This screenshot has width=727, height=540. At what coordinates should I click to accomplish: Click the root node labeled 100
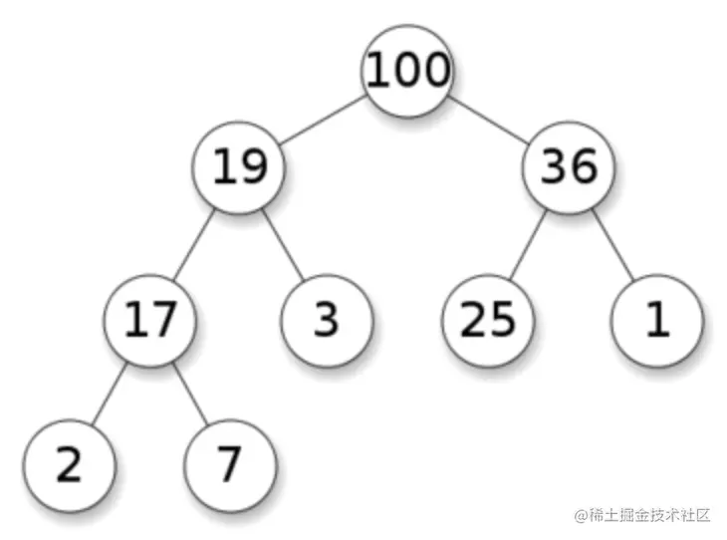(408, 71)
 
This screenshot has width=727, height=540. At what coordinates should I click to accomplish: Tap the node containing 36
(569, 167)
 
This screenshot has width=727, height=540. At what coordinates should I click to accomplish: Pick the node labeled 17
(151, 319)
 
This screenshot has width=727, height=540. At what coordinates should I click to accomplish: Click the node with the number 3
(327, 319)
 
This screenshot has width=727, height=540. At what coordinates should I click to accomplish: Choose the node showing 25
(488, 319)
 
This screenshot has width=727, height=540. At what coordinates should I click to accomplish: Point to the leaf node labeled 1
(657, 319)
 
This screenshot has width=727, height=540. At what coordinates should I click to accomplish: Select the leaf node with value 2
(68, 465)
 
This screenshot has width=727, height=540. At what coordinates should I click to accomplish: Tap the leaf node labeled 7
(230, 465)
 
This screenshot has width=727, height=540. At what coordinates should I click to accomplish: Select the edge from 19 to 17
(195, 244)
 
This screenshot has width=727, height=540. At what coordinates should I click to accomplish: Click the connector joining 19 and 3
(285, 244)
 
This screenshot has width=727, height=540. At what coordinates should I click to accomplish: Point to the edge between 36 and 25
(529, 244)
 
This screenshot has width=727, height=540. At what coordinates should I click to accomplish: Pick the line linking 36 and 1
(613, 244)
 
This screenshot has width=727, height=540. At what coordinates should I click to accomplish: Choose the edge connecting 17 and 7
(191, 393)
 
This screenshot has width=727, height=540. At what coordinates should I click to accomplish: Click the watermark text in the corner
(641, 515)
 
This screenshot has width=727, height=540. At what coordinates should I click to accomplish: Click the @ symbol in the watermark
(579, 515)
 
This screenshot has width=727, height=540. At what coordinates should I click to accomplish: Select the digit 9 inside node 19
(255, 167)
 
